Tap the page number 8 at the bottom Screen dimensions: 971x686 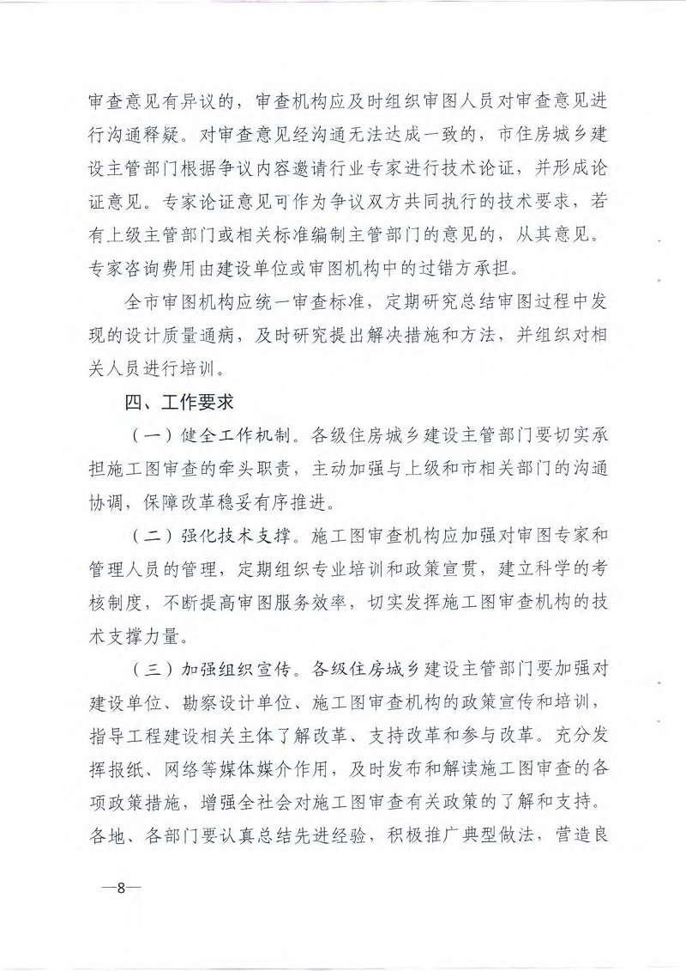coord(122,889)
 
